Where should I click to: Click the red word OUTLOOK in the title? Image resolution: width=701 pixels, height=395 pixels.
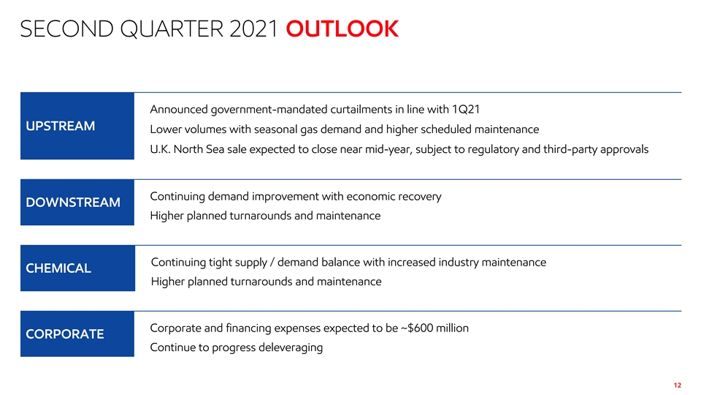point(342,29)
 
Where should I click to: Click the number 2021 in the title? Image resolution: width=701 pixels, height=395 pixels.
point(254,29)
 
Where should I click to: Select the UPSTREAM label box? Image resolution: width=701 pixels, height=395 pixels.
point(77,126)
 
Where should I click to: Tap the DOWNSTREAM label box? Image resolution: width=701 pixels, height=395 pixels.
point(77,203)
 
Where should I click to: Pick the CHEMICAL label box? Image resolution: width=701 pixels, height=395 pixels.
point(78,268)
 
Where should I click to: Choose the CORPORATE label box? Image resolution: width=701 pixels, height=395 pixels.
point(77,334)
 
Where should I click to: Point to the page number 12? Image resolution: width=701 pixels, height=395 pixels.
point(678,385)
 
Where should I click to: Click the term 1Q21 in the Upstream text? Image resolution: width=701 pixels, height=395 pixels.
point(466,109)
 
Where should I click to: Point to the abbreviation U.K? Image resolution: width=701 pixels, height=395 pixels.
point(160,149)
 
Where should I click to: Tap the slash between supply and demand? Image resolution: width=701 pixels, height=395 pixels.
point(272,263)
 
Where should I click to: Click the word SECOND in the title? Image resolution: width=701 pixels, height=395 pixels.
point(67,29)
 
